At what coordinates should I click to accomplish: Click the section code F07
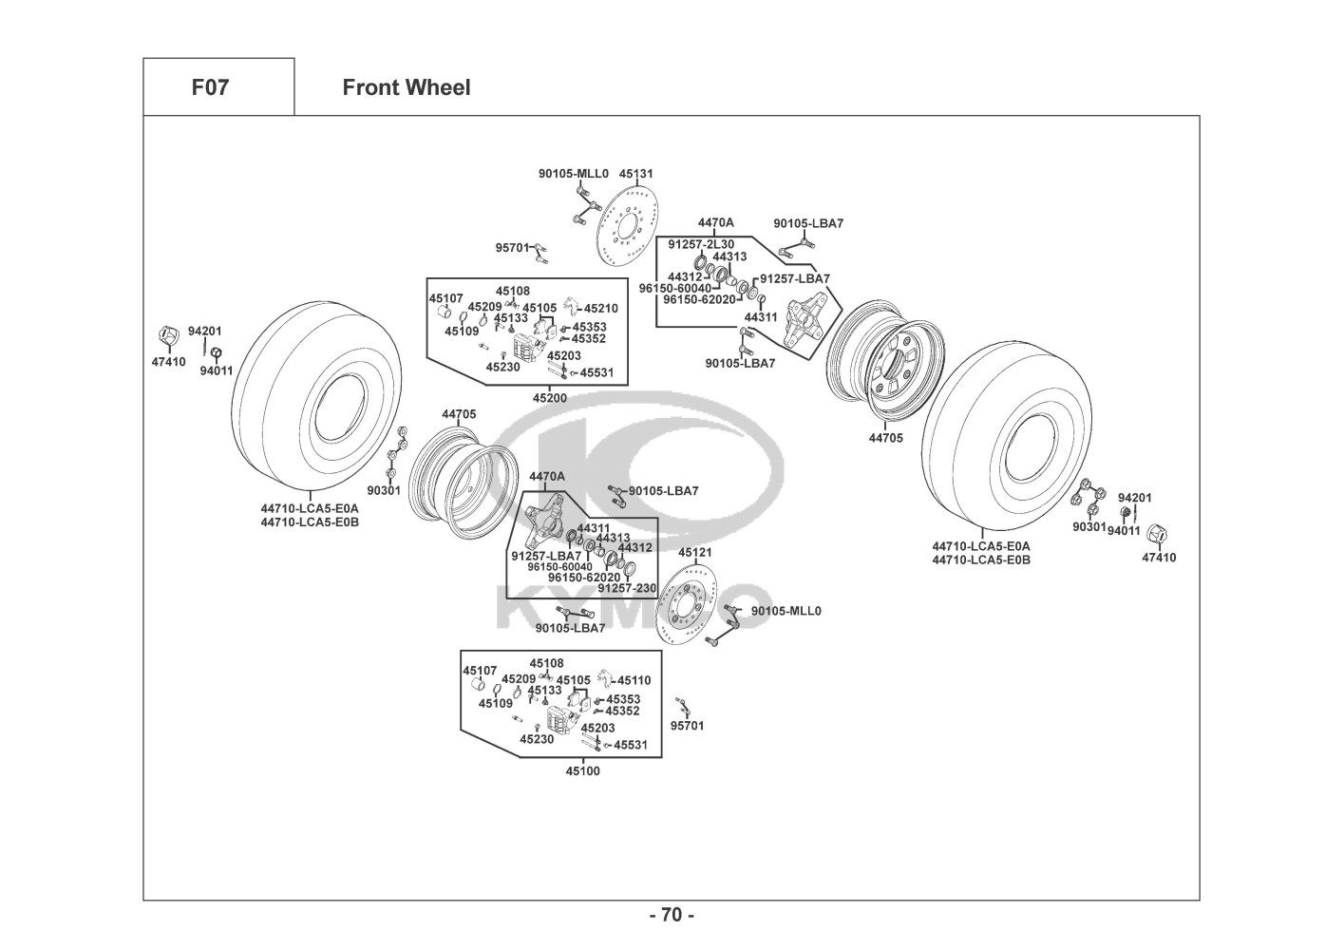[210, 87]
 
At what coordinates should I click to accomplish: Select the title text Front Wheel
[406, 87]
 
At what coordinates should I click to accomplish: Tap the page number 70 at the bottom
[672, 915]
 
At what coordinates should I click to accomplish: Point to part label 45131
[635, 174]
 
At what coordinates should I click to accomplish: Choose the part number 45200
[549, 398]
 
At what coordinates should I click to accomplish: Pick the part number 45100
[582, 771]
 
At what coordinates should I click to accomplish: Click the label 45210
[600, 308]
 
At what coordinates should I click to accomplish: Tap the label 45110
[634, 680]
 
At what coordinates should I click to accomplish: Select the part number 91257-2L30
[700, 244]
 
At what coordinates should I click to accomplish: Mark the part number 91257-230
[627, 588]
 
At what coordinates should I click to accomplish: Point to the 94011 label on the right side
[1123, 531]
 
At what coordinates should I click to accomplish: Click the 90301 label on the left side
[383, 490]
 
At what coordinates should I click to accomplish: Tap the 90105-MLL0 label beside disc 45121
[786, 611]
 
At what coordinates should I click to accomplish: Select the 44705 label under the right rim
[885, 438]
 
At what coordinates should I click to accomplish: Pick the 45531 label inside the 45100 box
[631, 745]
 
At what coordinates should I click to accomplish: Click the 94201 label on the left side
[204, 331]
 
